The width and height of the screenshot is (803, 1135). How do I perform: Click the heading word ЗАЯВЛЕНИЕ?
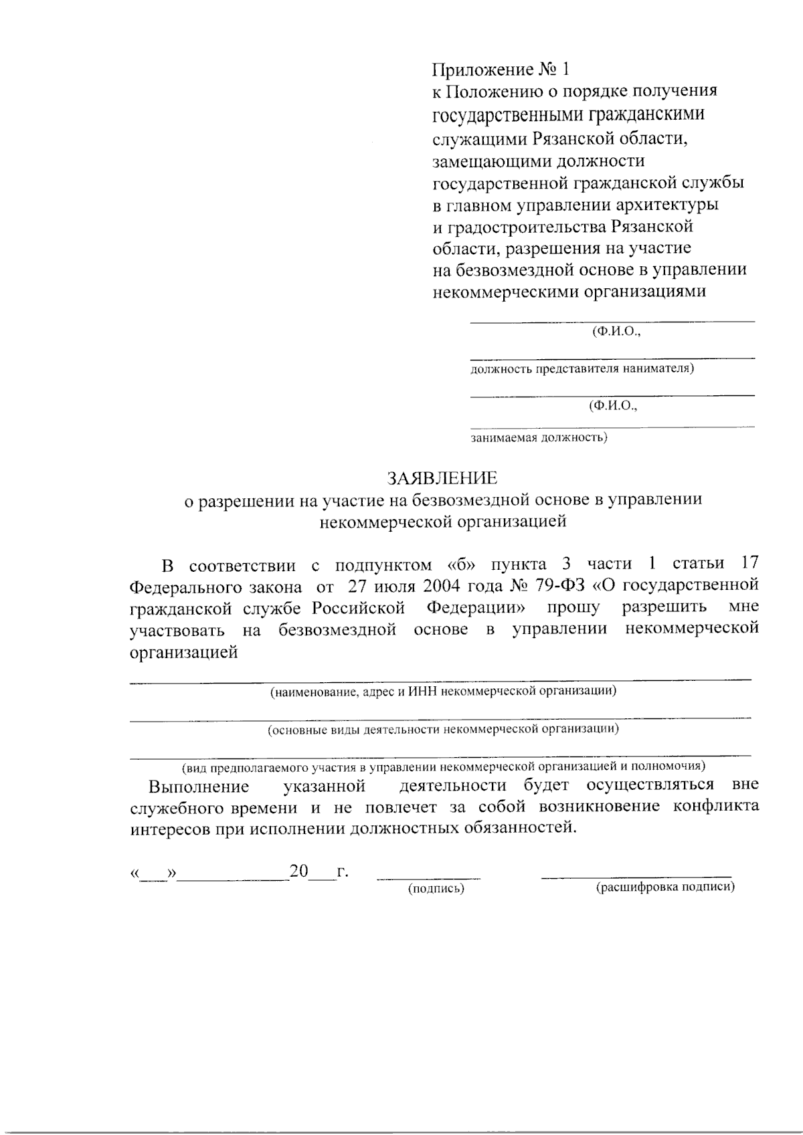click(442, 478)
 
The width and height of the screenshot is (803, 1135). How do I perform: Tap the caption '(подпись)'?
click(436, 889)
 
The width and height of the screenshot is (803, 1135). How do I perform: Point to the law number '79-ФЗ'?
click(561, 586)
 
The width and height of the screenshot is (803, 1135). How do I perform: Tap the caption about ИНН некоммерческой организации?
click(443, 691)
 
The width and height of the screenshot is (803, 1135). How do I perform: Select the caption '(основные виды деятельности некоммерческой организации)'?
click(443, 729)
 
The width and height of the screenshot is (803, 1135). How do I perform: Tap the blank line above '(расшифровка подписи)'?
click(636, 875)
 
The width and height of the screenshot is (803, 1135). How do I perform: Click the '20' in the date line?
click(298, 871)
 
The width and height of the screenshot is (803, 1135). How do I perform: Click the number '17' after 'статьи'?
click(748, 564)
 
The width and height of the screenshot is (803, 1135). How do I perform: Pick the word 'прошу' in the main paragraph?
click(573, 608)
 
